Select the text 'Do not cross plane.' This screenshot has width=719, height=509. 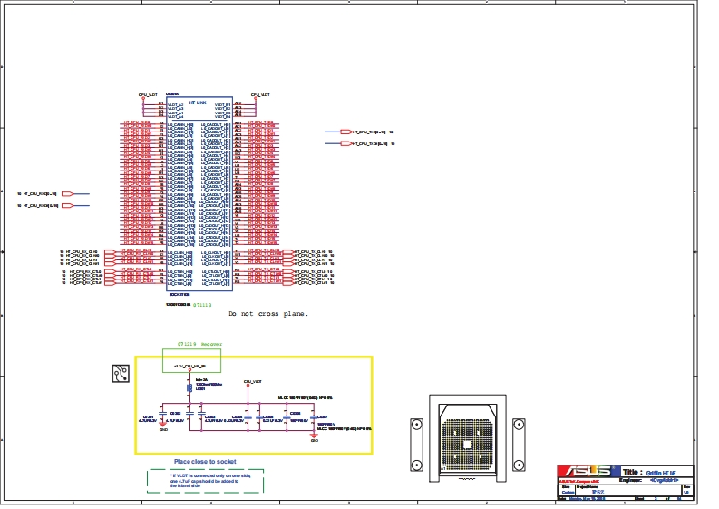point(268,314)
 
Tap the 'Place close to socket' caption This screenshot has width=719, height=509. point(204,462)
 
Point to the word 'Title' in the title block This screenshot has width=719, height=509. point(631,473)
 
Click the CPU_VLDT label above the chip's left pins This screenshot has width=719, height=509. point(148,94)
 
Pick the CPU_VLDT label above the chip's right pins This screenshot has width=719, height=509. point(260,94)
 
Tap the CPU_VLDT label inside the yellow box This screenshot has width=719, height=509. point(253,382)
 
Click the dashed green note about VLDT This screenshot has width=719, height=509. point(205,481)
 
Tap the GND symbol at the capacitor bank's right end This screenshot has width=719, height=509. point(314,436)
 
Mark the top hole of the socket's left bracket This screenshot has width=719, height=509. point(416,426)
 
